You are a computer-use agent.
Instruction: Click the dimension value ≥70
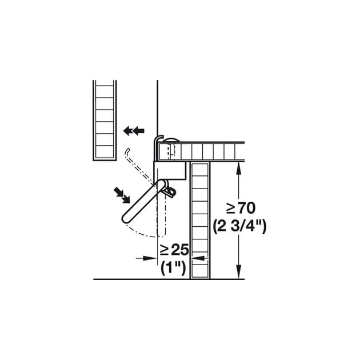coord(241,208)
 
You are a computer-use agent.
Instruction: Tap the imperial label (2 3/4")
coord(239,227)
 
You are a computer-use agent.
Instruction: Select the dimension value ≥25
coord(174,250)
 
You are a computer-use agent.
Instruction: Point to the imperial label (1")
coord(173,267)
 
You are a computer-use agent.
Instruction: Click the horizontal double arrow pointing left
coord(134,131)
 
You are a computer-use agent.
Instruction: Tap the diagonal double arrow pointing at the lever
coord(122,195)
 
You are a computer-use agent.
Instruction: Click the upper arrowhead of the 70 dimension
coord(239,168)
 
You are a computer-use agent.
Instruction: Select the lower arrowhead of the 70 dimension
coord(239,272)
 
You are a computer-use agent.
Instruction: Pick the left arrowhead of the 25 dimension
coord(150,258)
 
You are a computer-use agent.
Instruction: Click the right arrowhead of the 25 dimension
coord(198,258)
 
